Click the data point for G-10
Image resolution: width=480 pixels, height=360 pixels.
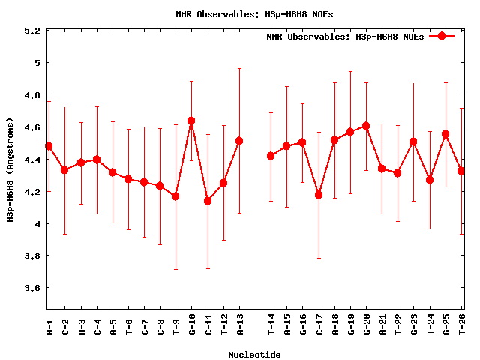(191, 121)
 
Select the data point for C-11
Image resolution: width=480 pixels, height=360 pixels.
(208, 201)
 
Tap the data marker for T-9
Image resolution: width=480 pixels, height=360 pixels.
(175, 196)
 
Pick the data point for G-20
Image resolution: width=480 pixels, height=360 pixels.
(366, 126)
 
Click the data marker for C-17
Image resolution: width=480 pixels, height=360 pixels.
(319, 195)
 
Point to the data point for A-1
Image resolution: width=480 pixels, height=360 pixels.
(49, 146)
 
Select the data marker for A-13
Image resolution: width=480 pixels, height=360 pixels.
(239, 141)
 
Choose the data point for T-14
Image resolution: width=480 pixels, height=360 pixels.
(271, 156)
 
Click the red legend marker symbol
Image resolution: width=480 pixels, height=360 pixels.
(442, 36)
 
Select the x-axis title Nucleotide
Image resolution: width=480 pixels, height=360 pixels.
(255, 355)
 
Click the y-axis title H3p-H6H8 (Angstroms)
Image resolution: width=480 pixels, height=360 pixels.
(10, 169)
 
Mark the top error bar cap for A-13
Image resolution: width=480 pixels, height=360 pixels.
(239, 68)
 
